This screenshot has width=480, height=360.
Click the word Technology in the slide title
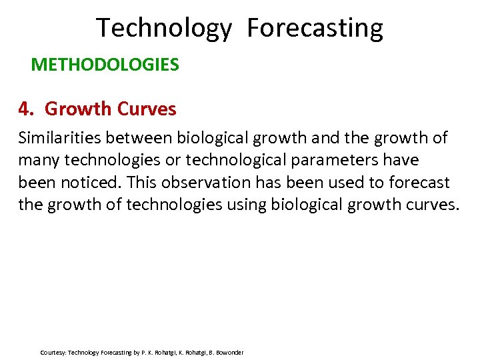(x=164, y=29)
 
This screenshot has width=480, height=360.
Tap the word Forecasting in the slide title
(x=315, y=29)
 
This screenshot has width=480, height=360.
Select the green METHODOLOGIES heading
(x=105, y=65)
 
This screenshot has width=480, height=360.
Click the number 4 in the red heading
(x=25, y=109)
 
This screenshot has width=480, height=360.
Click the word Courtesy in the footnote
(x=53, y=352)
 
